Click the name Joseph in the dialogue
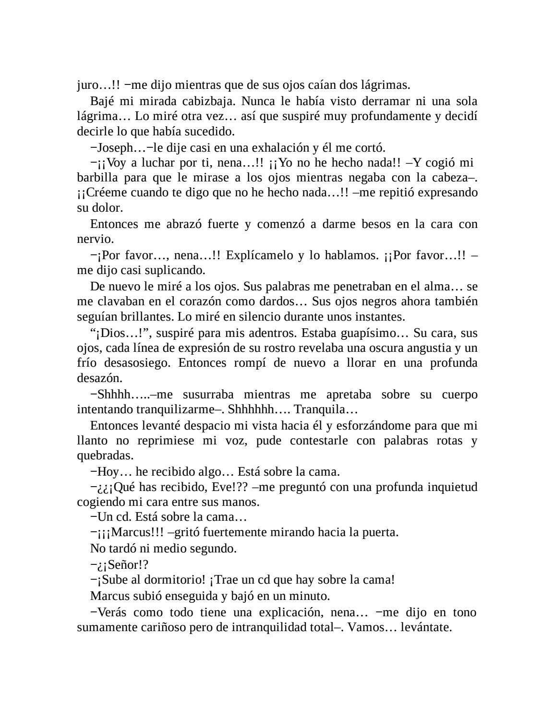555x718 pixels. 115,148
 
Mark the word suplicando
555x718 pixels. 179,270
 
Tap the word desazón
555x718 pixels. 99,378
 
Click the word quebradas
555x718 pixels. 104,455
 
